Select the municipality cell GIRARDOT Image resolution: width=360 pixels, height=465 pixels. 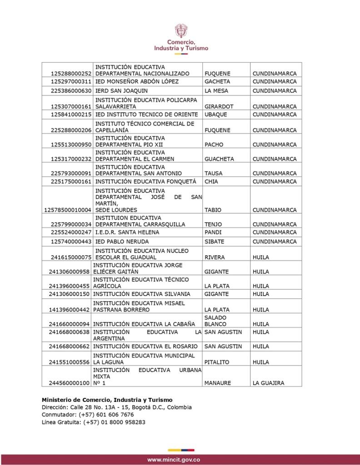(218, 107)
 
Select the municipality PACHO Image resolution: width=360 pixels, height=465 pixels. (214, 144)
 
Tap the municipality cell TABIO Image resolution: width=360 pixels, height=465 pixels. (213, 210)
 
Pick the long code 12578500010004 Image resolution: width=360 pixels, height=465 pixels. (68, 210)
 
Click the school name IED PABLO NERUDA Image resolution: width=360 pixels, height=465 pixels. (122, 242)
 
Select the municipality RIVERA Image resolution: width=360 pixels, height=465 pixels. (215, 257)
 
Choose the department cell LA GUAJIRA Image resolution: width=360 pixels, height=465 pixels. (268, 383)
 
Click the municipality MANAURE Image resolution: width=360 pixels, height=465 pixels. (218, 383)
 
